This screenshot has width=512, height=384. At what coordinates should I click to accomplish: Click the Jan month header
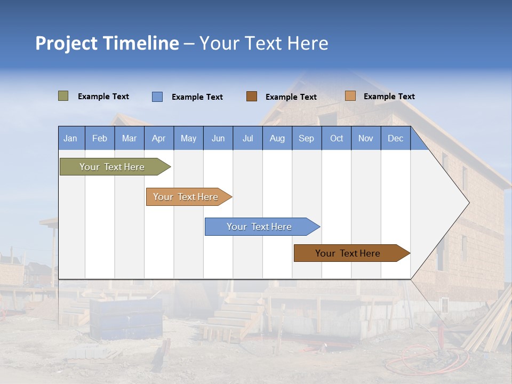(x=70, y=138)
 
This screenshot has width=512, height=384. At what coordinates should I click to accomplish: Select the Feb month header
(x=100, y=138)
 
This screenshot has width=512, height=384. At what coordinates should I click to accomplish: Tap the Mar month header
(x=129, y=138)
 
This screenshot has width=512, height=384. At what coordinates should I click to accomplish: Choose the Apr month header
(x=159, y=138)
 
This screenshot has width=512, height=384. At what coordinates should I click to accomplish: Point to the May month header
(x=188, y=138)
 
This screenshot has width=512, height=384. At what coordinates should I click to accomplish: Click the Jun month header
(x=218, y=138)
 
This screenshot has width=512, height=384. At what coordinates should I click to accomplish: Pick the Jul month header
(x=247, y=138)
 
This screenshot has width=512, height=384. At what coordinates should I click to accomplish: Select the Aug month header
(x=277, y=138)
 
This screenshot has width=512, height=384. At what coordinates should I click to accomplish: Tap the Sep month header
(x=307, y=138)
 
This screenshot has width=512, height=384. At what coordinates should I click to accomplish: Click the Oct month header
(x=337, y=138)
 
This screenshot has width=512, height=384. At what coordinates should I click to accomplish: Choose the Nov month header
(x=366, y=138)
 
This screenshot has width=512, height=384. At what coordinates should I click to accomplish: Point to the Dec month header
(x=396, y=138)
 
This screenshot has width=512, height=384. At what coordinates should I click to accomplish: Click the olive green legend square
(x=63, y=96)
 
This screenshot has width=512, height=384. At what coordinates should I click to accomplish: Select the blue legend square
(x=157, y=97)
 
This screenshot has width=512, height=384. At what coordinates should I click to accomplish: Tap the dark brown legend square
(x=252, y=96)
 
